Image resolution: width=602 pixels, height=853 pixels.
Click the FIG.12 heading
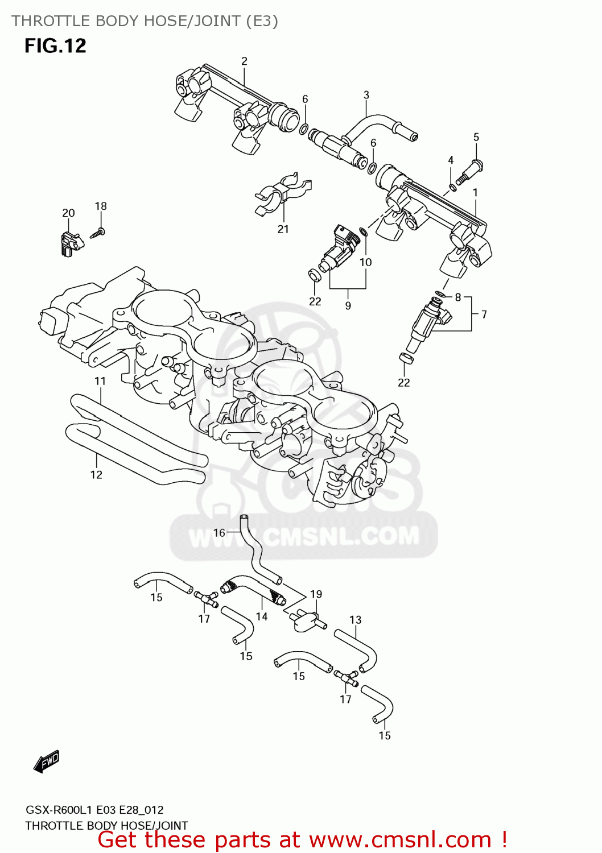55,45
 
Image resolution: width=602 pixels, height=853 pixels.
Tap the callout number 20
68,213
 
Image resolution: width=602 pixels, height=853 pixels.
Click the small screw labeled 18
98,233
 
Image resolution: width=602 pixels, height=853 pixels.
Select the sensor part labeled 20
69,243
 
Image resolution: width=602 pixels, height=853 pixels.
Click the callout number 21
283,229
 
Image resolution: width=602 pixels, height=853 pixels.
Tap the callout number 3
366,95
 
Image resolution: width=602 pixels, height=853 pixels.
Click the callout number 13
356,620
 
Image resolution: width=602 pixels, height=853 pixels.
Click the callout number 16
219,533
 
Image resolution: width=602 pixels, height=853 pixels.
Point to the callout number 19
316,594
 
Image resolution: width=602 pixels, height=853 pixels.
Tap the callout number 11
100,381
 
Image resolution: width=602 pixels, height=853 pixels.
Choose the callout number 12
96,475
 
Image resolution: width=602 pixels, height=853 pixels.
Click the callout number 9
348,305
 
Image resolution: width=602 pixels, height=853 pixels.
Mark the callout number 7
484,314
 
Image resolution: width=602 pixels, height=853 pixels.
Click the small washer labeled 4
453,187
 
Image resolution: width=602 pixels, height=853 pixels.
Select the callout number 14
262,616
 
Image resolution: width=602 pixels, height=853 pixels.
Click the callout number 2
245,61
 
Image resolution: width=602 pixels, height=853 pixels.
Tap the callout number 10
365,262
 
